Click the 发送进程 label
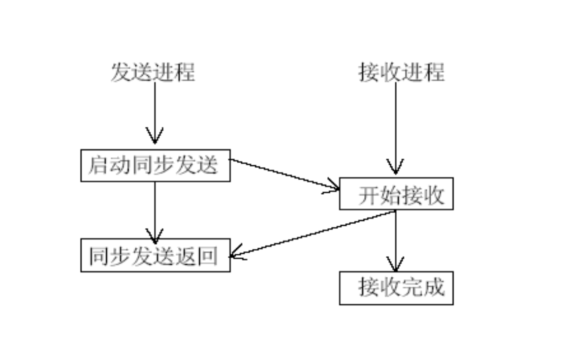click(x=153, y=72)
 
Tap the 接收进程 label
click(x=401, y=72)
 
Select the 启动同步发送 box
click(x=155, y=166)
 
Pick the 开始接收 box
click(x=396, y=194)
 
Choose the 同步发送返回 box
click(x=155, y=256)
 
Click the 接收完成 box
click(x=396, y=288)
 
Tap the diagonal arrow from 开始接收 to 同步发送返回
click(x=315, y=234)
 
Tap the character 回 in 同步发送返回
click(x=208, y=256)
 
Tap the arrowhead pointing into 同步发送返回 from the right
click(x=236, y=255)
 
